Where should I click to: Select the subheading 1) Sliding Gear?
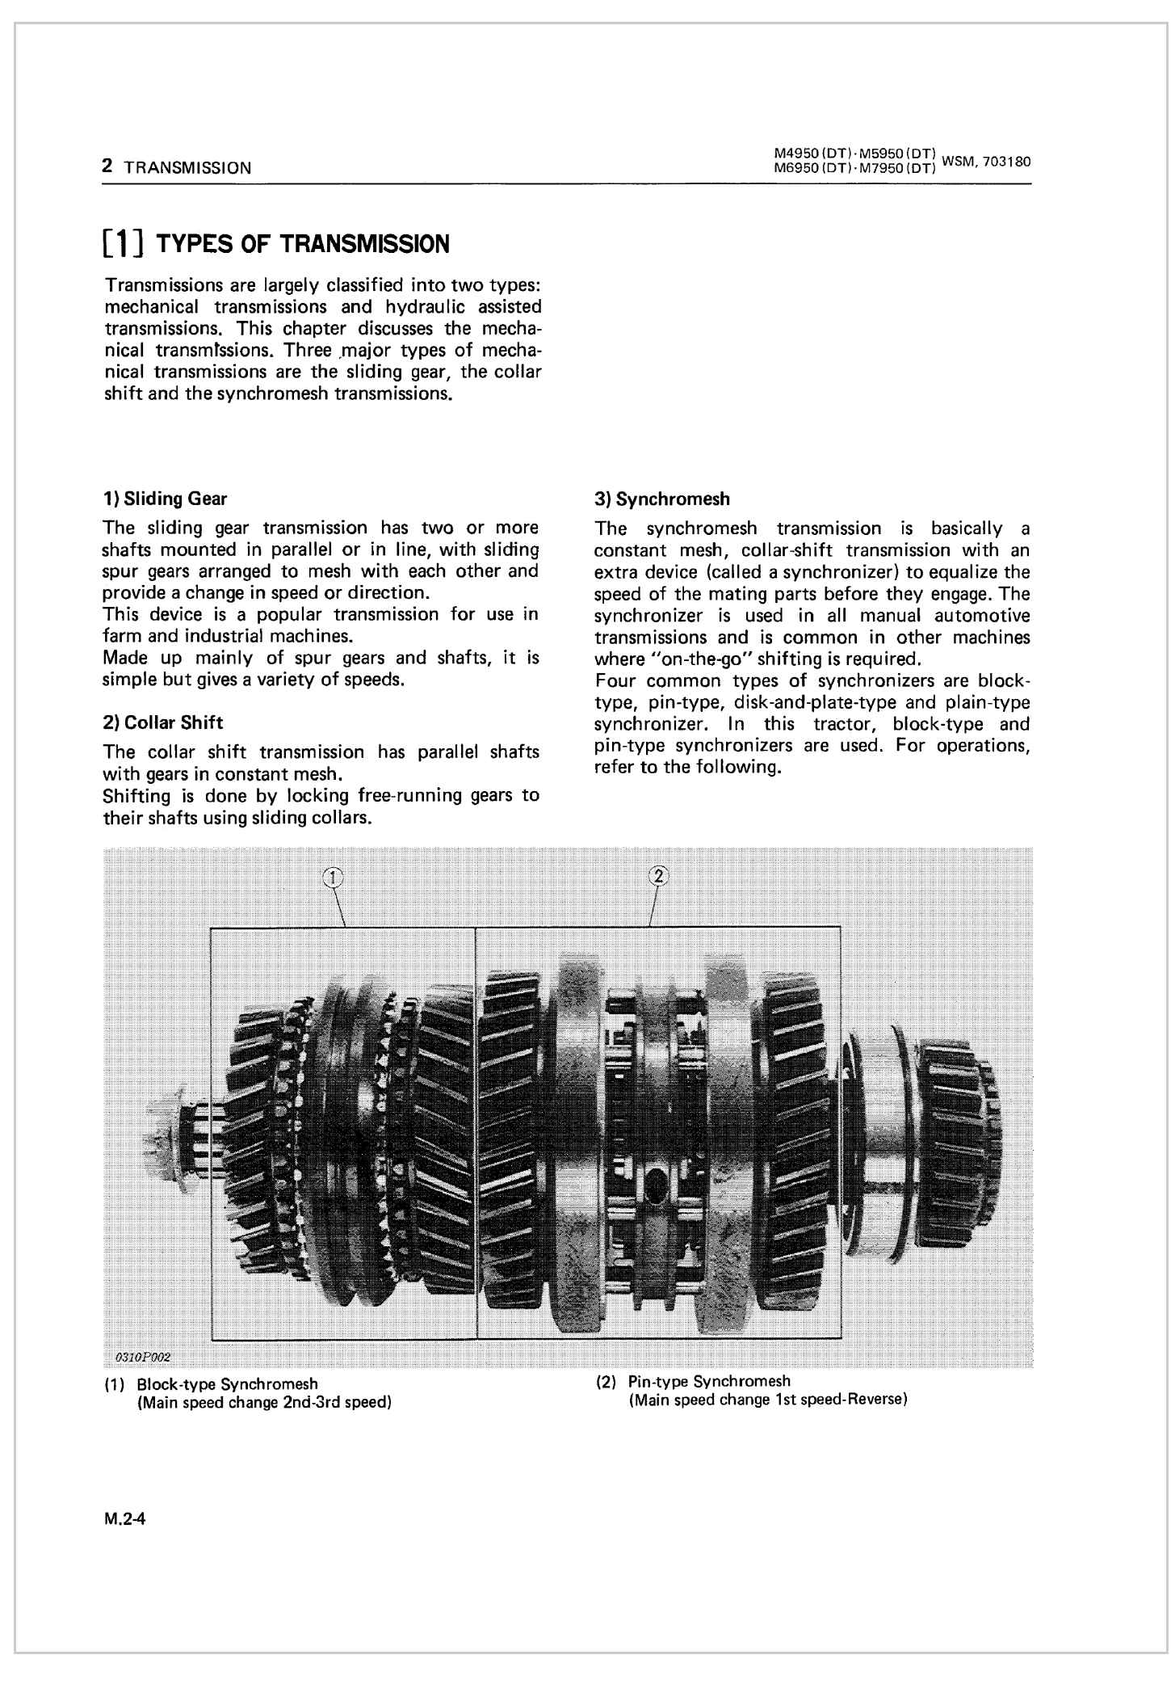pyautogui.click(x=166, y=499)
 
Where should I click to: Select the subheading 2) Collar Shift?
pyautogui.click(x=163, y=722)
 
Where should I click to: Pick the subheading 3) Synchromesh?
pyautogui.click(x=661, y=499)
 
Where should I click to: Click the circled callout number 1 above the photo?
pyautogui.click(x=332, y=877)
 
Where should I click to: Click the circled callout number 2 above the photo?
pyautogui.click(x=658, y=875)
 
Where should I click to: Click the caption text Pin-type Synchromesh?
pyautogui.click(x=709, y=1381)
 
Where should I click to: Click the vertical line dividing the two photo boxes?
pyautogui.click(x=476, y=1131)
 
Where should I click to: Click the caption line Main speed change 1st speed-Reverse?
pyautogui.click(x=767, y=1400)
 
